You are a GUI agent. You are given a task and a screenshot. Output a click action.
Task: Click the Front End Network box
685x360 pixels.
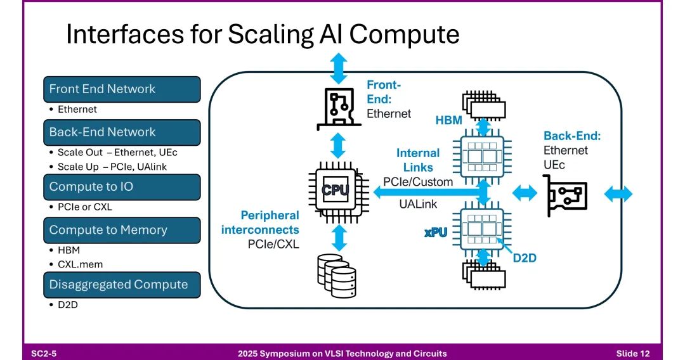(x=122, y=89)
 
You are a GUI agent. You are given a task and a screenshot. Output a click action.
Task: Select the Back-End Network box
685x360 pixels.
(x=122, y=132)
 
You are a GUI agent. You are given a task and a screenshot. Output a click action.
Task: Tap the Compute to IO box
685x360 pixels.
(x=122, y=187)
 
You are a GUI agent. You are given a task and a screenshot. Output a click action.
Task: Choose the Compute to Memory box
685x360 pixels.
(x=122, y=231)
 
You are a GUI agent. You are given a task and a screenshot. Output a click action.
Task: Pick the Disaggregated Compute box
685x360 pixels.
(x=122, y=285)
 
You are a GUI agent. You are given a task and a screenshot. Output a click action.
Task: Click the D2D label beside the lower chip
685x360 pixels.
(x=525, y=259)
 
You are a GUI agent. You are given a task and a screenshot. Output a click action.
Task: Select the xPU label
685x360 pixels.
(x=436, y=233)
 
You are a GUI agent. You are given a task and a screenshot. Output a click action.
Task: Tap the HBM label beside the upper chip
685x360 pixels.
(x=448, y=120)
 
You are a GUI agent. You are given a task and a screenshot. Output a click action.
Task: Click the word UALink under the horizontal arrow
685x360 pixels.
(x=418, y=204)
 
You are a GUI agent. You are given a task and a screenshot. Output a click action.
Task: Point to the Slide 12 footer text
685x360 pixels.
(x=633, y=354)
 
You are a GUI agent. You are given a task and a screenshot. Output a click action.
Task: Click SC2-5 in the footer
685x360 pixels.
(x=44, y=354)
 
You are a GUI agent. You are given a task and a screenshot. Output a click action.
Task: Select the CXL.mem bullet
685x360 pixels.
(x=80, y=264)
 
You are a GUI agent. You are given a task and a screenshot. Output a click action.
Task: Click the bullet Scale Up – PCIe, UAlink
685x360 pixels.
(x=112, y=167)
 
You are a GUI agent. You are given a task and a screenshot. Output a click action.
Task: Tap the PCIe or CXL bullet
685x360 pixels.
(x=85, y=207)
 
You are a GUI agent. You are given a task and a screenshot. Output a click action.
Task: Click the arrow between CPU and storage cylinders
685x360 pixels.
(x=339, y=238)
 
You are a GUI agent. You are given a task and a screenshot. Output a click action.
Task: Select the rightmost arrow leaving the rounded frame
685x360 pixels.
(x=618, y=194)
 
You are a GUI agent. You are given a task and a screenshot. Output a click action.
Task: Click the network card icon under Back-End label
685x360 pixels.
(x=565, y=195)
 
